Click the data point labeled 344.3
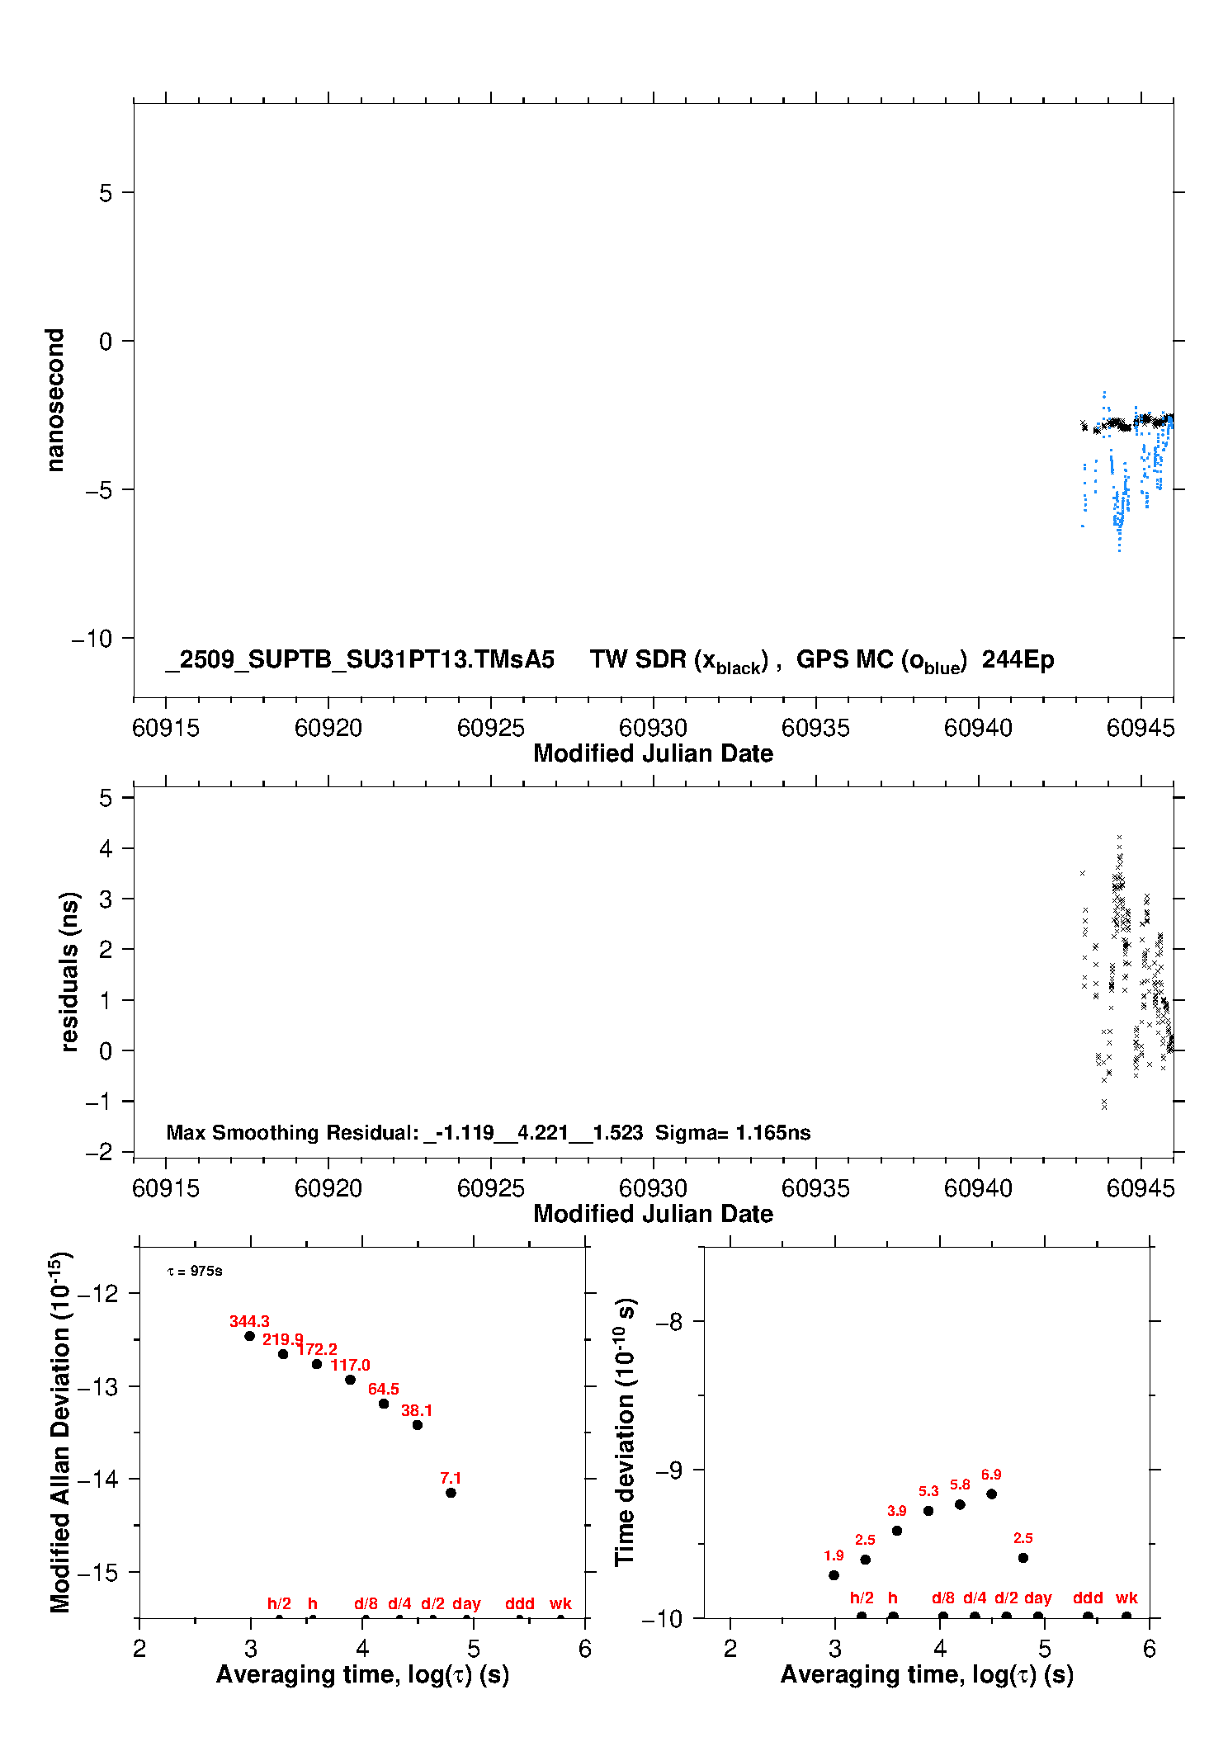coord(250,1336)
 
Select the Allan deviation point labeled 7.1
coord(451,1493)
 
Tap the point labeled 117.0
coord(350,1380)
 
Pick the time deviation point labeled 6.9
coord(991,1494)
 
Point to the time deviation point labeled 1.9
coord(834,1575)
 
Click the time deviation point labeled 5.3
coord(928,1511)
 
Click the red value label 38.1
coord(417,1410)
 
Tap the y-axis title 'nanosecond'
coord(55,400)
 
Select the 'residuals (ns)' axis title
coord(69,971)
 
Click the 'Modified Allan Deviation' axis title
coord(59,1432)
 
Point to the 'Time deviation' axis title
coord(625,1432)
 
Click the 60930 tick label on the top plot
coord(653,728)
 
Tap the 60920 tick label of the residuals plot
coord(328,1188)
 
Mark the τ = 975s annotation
coord(195,1271)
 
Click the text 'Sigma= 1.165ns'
coord(733,1132)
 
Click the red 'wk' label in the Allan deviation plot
coord(560,1603)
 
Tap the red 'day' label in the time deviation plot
coord(1037,1598)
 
